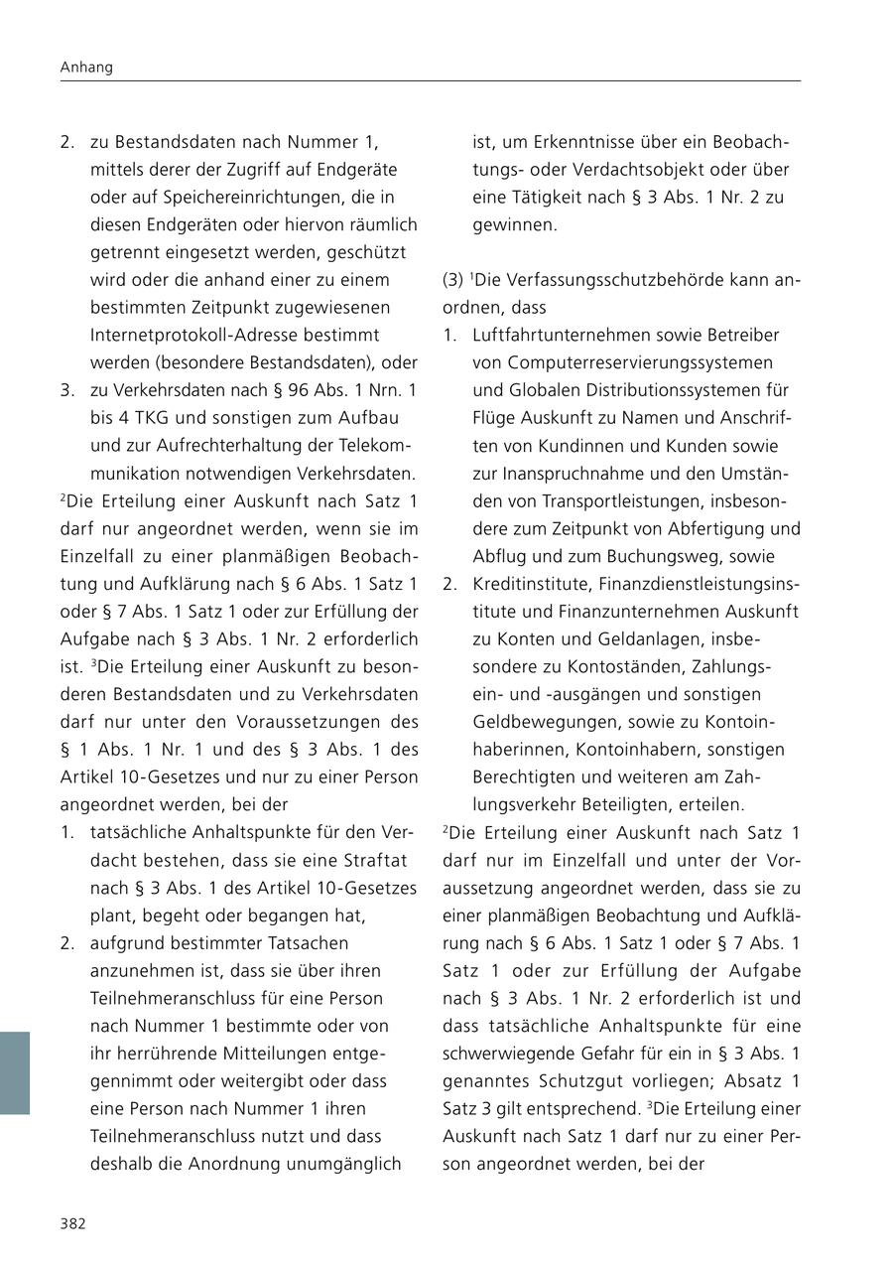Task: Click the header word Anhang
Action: point(86,68)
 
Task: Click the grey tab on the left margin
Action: point(15,1072)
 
